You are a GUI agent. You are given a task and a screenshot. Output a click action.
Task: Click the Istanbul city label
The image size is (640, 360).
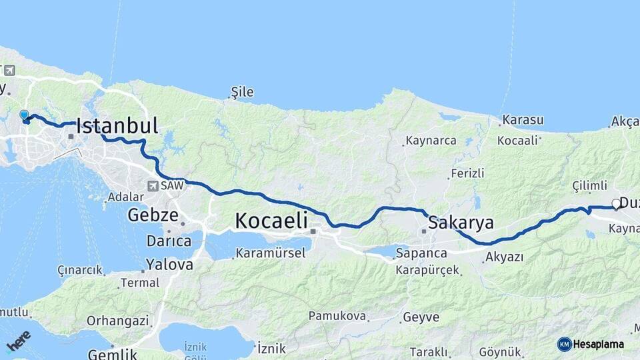pyautogui.click(x=117, y=125)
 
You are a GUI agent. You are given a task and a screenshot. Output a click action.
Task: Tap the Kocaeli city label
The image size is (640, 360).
pyautogui.click(x=271, y=221)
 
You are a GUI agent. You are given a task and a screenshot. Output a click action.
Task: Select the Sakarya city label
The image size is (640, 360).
pyautogui.click(x=461, y=222)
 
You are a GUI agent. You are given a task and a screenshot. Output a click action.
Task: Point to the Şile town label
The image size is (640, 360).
pyautogui.click(x=242, y=92)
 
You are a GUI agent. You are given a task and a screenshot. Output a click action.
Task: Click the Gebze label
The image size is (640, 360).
pyautogui.click(x=153, y=215)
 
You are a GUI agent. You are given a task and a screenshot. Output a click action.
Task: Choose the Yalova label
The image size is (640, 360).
pyautogui.click(x=169, y=265)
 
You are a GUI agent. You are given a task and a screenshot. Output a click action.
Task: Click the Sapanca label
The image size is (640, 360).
pyautogui.click(x=421, y=253)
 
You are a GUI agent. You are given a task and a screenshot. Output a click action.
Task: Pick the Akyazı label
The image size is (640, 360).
pyautogui.click(x=504, y=257)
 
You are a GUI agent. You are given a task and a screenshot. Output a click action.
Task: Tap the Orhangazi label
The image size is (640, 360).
pyautogui.click(x=117, y=321)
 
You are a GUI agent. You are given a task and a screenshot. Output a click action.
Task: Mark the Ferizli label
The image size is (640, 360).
pyautogui.click(x=467, y=173)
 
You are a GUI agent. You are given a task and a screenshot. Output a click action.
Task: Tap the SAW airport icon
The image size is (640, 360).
pyautogui.click(x=154, y=186)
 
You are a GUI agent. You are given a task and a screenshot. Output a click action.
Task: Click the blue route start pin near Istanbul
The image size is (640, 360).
pyautogui.click(x=25, y=116)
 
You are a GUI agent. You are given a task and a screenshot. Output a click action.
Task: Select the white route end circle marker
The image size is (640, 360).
pyautogui.click(x=616, y=205)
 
